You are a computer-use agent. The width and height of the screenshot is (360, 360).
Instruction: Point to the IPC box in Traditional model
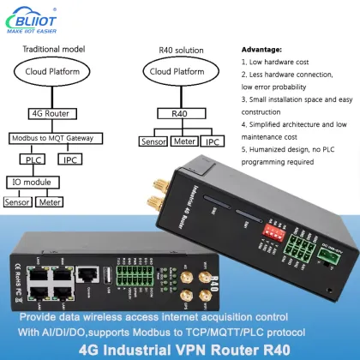tap(70, 158)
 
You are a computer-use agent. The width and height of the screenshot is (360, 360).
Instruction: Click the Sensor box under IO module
tap(19, 203)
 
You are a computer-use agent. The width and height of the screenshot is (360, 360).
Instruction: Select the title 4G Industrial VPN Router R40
tap(180, 350)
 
